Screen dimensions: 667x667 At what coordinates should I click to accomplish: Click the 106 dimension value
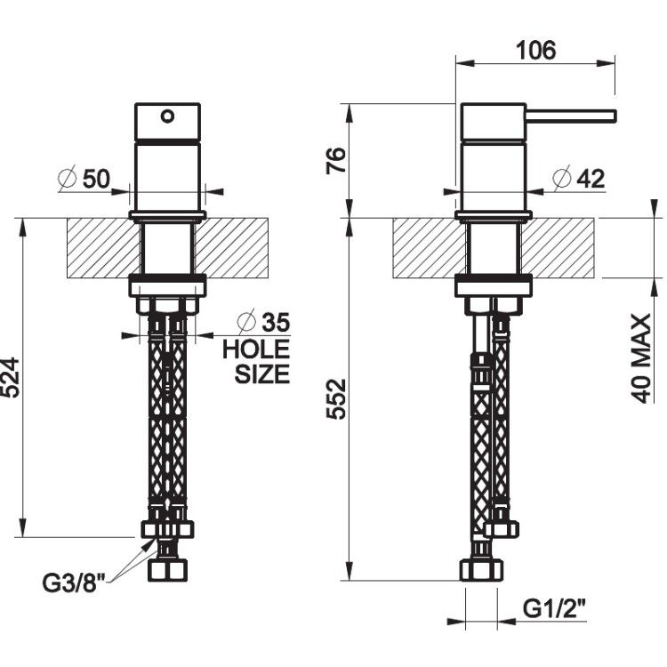pos(535,50)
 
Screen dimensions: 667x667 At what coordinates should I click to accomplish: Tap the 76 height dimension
pos(336,160)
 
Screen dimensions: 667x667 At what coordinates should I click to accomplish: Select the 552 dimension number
pos(336,398)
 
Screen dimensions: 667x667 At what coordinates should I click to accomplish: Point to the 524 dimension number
pos(10,378)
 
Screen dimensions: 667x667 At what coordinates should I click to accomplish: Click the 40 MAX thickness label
pos(641,358)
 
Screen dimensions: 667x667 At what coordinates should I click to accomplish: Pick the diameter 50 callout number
pos(96,179)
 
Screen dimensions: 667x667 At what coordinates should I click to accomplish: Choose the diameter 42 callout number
pos(591,179)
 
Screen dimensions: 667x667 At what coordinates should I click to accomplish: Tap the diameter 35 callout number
pos(276,322)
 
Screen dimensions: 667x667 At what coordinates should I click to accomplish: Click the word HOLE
pos(256,350)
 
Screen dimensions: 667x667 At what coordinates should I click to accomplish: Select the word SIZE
pos(262,374)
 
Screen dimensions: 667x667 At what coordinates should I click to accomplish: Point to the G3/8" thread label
pos(74,583)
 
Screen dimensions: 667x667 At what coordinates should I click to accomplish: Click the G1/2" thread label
pos(554,608)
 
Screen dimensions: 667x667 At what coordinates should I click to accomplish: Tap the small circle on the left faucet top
pos(167,117)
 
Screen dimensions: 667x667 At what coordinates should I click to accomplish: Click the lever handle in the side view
pos(570,117)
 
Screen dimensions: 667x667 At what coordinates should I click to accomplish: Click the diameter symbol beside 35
pos(246,322)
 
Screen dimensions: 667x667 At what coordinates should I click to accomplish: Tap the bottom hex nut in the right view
pos(481,571)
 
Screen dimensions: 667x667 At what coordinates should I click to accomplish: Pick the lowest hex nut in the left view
pos(167,571)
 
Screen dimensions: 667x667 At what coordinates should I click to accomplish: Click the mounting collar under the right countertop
pos(494,285)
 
